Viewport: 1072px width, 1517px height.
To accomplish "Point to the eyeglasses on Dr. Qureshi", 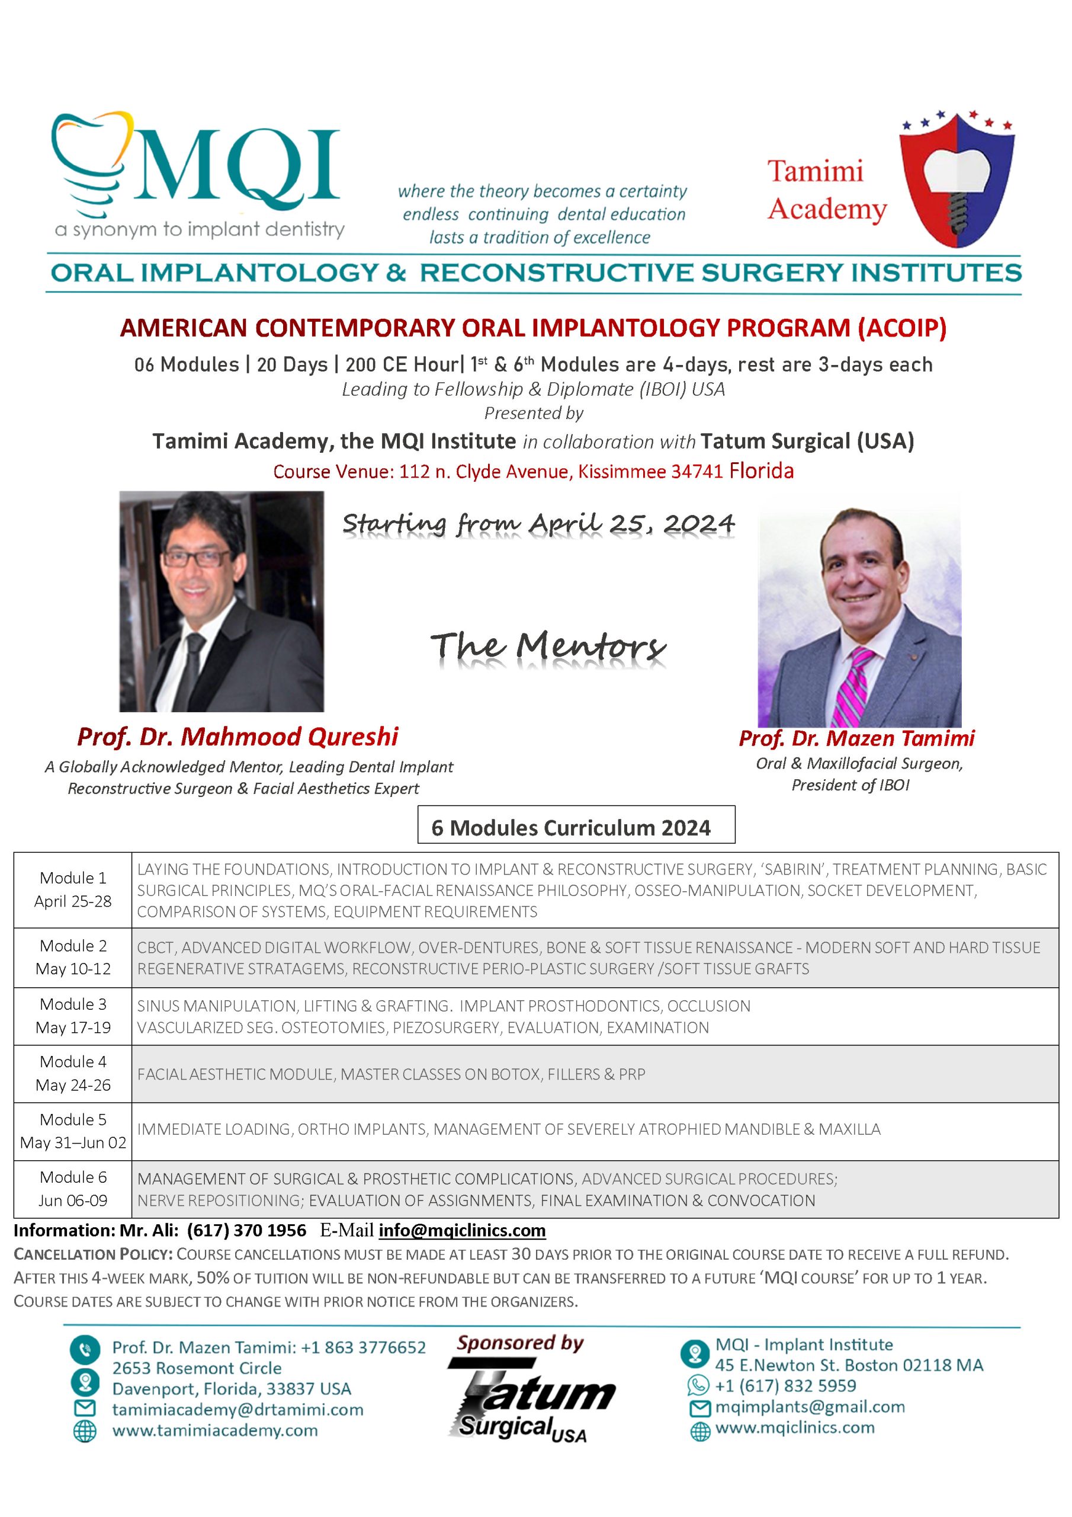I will pos(197,559).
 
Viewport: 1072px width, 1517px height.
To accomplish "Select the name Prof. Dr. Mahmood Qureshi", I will pos(237,737).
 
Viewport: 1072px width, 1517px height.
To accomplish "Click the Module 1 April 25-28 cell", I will pos(73,889).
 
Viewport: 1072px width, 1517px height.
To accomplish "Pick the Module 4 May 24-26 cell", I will pos(73,1073).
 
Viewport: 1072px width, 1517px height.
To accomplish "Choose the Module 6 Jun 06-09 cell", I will pos(73,1189).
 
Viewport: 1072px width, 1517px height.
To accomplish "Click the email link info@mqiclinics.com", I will pos(462,1230).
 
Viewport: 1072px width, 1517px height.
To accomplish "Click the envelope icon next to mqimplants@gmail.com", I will pos(699,1408).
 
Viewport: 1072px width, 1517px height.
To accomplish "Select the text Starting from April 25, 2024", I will pos(538,524).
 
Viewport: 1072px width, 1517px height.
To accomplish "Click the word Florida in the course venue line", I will pos(761,471).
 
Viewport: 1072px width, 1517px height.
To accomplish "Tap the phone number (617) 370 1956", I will pos(246,1230).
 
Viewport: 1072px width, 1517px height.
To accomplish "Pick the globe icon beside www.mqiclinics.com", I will pos(699,1430).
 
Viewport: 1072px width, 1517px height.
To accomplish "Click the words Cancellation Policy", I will pos(93,1254).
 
